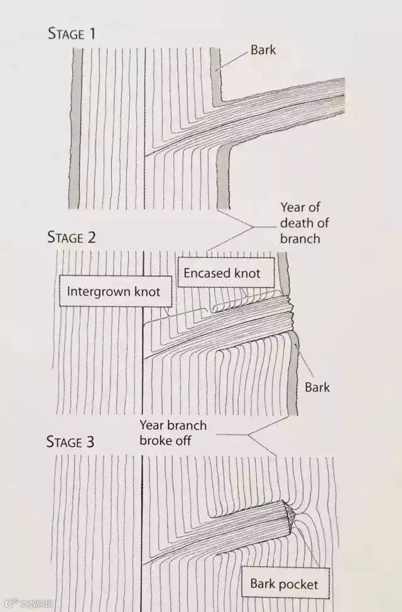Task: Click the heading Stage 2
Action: (72, 237)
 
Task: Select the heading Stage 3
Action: (70, 442)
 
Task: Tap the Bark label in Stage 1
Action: (263, 50)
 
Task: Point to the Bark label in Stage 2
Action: (317, 387)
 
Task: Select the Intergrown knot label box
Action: (114, 291)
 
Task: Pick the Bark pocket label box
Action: (284, 585)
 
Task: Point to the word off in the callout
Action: (182, 441)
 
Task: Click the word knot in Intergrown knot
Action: (146, 291)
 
